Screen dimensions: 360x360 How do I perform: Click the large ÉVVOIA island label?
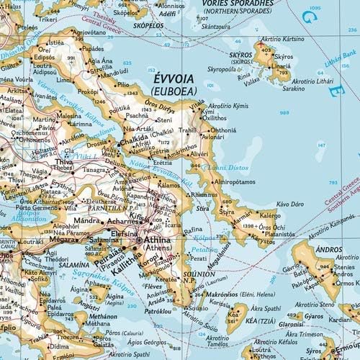pos(174,77)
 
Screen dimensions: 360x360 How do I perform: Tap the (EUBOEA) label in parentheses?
pos(174,91)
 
